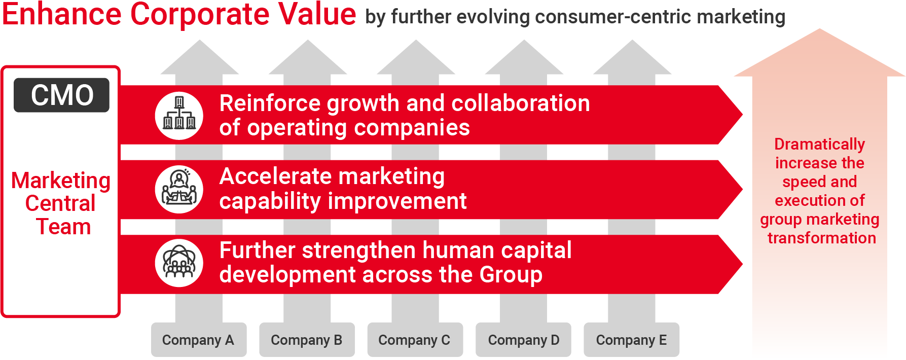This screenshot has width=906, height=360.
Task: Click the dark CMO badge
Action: (61, 95)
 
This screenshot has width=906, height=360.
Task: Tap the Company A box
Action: (199, 340)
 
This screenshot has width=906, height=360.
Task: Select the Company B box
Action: (307, 340)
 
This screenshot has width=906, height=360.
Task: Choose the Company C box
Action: (415, 340)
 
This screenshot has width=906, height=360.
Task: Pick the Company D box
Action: (523, 340)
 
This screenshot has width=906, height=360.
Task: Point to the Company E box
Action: (631, 340)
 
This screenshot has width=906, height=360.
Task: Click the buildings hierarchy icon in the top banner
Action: (179, 116)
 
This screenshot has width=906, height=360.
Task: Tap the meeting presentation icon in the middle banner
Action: (179, 190)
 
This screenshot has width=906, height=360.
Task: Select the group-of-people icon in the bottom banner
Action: (179, 263)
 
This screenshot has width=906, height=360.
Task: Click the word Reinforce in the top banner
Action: (270, 103)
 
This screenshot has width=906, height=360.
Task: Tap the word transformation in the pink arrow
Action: (821, 238)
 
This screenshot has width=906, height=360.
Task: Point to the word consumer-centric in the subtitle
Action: (613, 17)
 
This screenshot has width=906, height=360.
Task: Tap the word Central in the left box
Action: (60, 203)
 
